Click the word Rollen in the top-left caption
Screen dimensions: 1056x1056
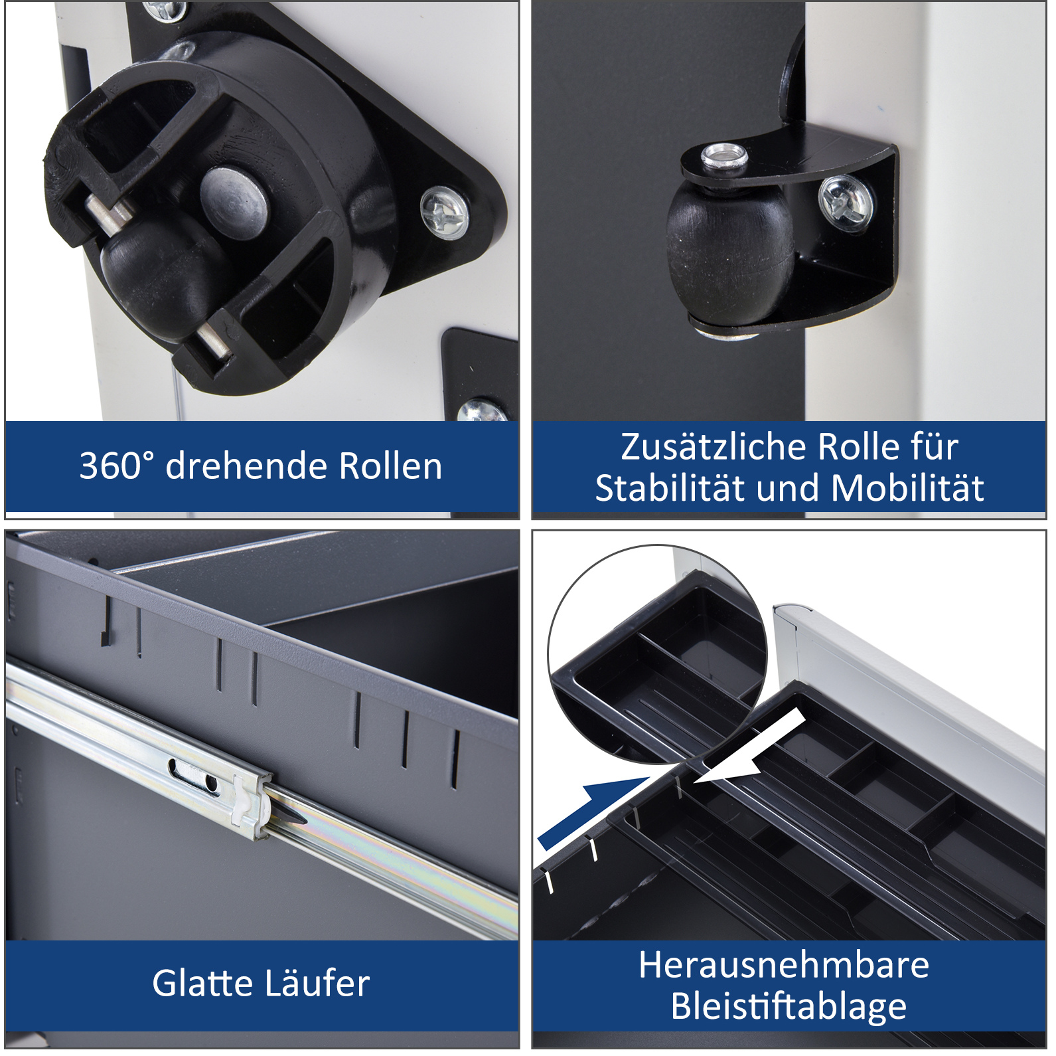click(x=390, y=466)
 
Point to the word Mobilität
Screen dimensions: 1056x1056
click(x=907, y=488)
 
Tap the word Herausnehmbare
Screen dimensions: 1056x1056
click(x=784, y=964)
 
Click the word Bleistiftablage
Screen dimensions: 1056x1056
click(x=789, y=1006)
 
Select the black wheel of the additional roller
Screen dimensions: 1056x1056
click(x=730, y=259)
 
